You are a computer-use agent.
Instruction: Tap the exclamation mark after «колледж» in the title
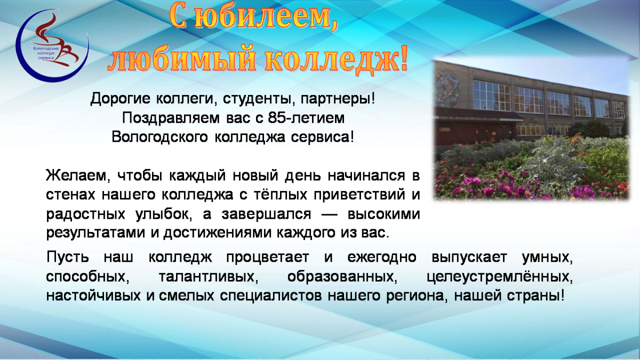[403, 59]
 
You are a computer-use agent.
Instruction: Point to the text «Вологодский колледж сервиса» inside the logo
[46, 53]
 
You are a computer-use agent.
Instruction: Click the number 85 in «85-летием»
[277, 118]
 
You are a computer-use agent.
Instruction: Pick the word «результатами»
[95, 233]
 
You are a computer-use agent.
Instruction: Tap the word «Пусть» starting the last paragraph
[67, 257]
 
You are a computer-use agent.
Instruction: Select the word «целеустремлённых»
[500, 277]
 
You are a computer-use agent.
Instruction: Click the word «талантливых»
[209, 277]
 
